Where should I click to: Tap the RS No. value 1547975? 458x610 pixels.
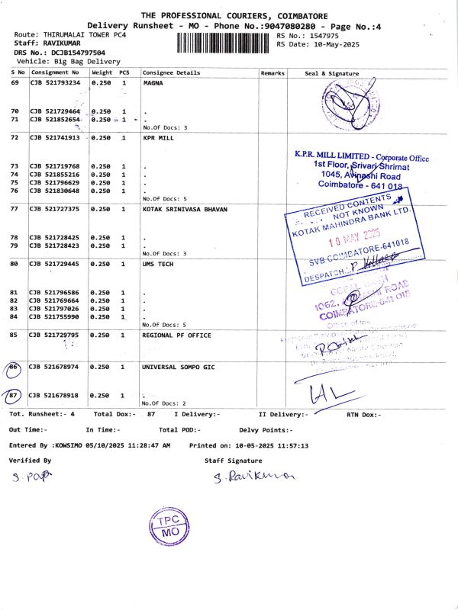[320, 36]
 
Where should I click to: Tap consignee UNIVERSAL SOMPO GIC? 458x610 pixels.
[179, 367]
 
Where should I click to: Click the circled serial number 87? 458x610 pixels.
[14, 396]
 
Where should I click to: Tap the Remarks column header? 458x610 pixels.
[273, 73]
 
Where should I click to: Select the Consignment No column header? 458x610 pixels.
[54, 73]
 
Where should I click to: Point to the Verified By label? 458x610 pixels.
[30, 461]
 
